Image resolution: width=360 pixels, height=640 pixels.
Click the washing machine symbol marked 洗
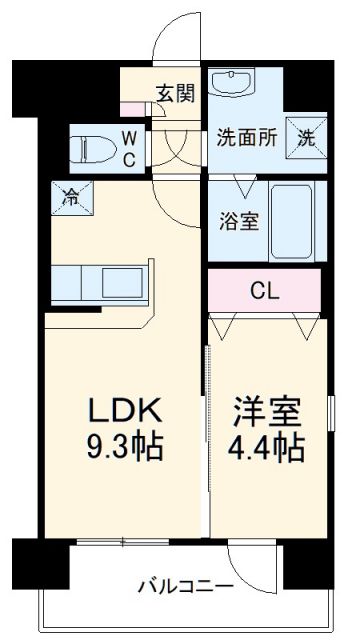click(304, 137)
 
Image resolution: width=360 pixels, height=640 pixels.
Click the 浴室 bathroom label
click(239, 219)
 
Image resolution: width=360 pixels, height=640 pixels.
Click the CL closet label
click(263, 291)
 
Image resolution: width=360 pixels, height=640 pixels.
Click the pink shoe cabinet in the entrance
click(133, 107)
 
